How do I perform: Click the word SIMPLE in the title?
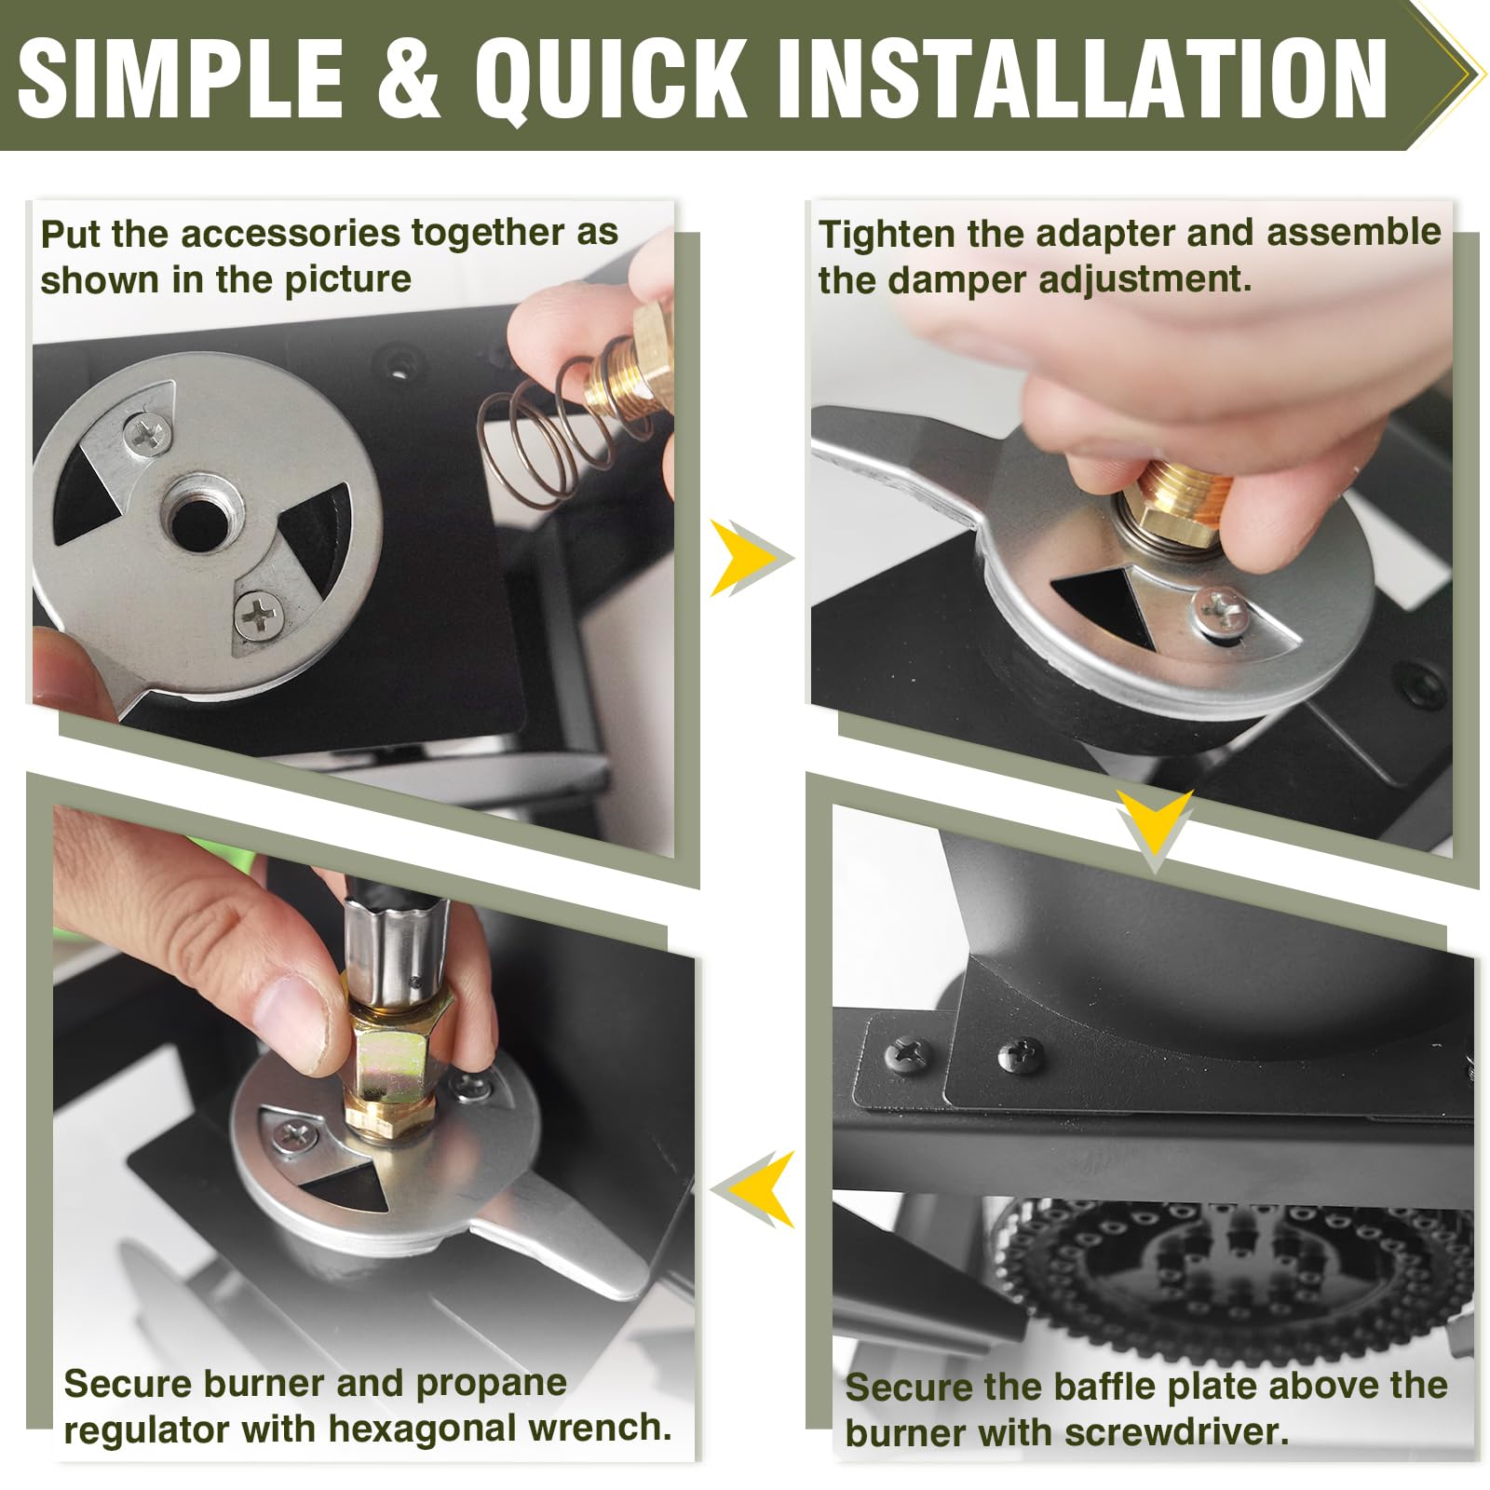[x=181, y=79]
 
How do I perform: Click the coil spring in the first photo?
[x=545, y=431]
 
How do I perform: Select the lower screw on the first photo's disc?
[x=258, y=616]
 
